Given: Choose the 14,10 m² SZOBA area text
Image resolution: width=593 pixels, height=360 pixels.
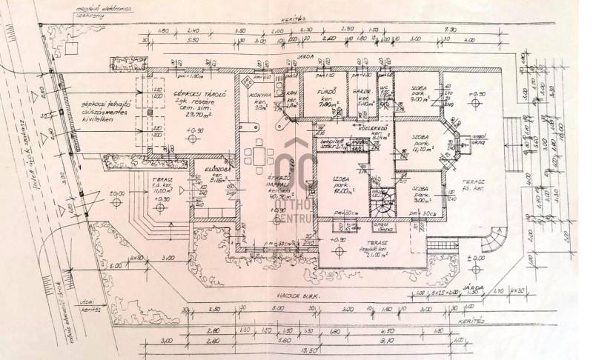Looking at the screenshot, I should click(420, 149).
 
